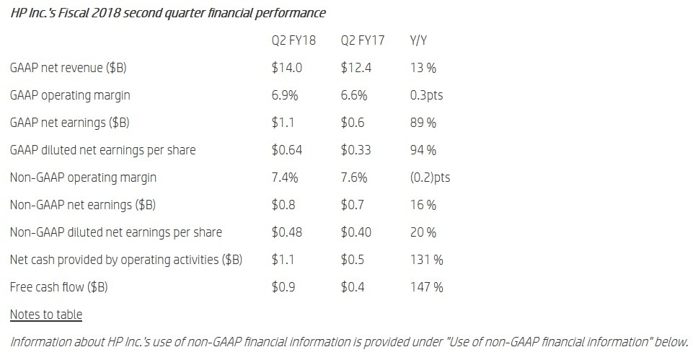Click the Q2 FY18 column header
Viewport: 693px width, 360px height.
click(293, 40)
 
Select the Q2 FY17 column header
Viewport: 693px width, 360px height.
click(363, 40)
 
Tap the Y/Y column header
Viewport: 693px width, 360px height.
click(418, 40)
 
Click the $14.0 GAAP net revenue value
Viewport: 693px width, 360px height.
click(287, 68)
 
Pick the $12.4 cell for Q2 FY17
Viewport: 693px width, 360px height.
click(356, 68)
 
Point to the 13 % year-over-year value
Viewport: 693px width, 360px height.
click(423, 68)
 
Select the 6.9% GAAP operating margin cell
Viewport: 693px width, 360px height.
click(285, 95)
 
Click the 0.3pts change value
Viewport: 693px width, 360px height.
click(426, 95)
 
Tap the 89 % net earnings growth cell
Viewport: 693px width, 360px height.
click(423, 123)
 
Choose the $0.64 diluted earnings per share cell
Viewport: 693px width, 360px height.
click(287, 150)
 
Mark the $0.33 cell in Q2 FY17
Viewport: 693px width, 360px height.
click(356, 150)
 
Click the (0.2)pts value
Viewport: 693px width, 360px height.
click(430, 177)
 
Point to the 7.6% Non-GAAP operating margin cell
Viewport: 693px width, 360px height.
click(353, 177)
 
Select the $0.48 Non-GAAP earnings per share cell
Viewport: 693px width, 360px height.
click(287, 232)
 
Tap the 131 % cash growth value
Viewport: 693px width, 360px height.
click(426, 260)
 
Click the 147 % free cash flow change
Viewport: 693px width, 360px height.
click(426, 287)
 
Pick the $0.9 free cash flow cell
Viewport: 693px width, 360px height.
click(283, 287)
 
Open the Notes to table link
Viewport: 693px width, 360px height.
click(46, 315)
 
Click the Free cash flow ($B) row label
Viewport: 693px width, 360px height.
click(59, 287)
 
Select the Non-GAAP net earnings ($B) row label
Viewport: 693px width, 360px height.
click(83, 205)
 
